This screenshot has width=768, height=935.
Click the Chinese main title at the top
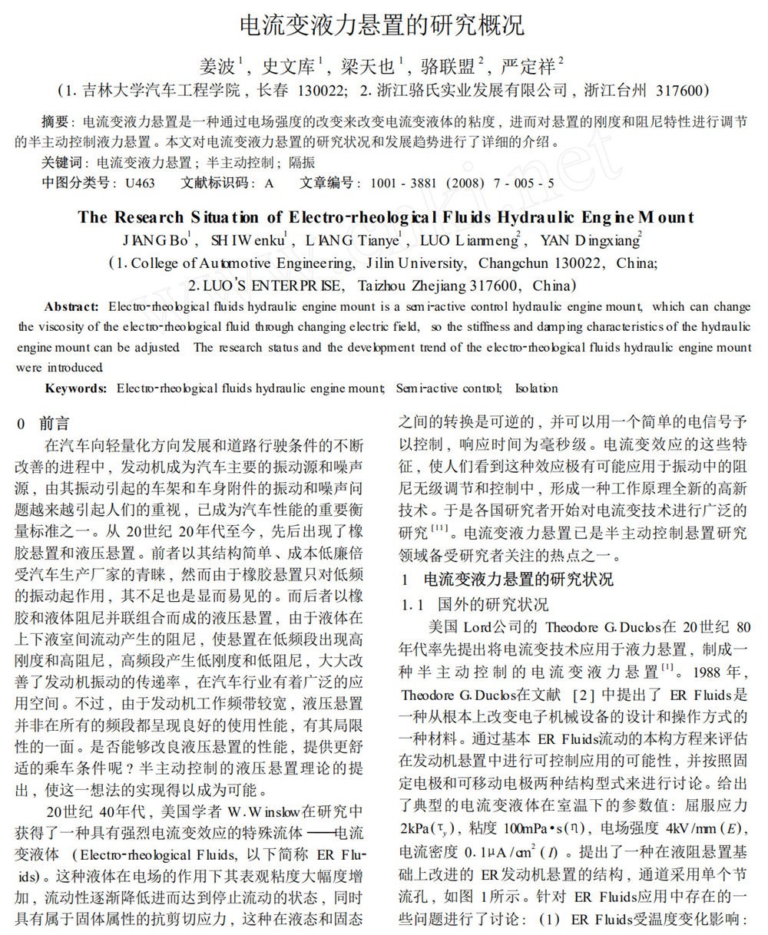coord(382,25)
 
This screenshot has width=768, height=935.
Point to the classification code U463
coord(140,183)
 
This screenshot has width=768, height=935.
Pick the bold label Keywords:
coord(75,388)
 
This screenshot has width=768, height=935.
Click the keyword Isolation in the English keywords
coord(536,388)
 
